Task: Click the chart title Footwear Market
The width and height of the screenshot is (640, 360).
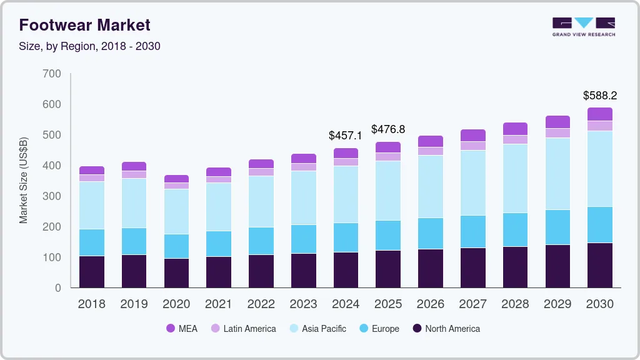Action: (x=84, y=25)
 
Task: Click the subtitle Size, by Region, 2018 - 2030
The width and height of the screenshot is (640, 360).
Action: (x=89, y=46)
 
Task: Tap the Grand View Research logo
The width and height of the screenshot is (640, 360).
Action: (x=583, y=26)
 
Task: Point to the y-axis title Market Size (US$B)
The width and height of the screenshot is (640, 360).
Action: (x=24, y=180)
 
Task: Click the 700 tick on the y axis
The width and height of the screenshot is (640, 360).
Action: (x=52, y=74)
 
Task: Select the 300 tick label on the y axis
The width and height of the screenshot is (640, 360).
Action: (x=52, y=196)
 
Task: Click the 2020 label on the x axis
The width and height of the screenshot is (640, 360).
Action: (x=176, y=304)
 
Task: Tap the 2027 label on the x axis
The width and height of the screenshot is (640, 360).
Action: (x=473, y=304)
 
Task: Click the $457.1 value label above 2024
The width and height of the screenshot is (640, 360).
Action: (x=345, y=136)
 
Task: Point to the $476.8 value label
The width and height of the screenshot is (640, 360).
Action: (x=388, y=129)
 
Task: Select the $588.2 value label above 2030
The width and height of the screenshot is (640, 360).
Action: (x=600, y=96)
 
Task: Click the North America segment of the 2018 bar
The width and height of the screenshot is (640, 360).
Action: (x=91, y=272)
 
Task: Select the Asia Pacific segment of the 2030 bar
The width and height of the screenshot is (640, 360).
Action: (x=600, y=169)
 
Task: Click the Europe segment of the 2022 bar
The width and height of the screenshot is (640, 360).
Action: (x=261, y=241)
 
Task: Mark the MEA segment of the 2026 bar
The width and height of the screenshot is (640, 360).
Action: (x=431, y=141)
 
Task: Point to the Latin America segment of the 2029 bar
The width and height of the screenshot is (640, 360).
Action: (x=557, y=133)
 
